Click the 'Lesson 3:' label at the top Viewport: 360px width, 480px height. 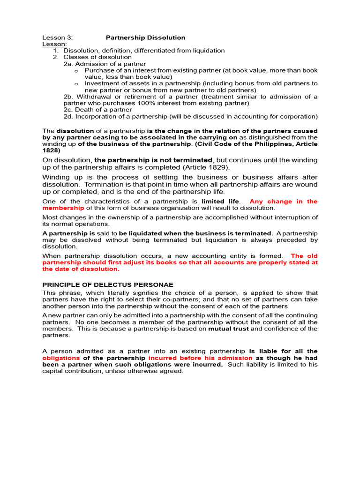tap(57, 37)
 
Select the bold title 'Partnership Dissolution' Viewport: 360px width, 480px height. tap(145, 37)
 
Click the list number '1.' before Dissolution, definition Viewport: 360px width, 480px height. tap(56, 51)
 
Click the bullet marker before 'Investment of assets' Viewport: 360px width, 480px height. tap(76, 83)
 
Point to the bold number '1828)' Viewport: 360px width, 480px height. tap(51, 150)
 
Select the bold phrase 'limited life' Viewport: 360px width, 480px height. tap(220, 202)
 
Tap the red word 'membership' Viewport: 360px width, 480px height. tap(63, 208)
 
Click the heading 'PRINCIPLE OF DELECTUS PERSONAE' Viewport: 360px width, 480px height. tap(108, 285)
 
